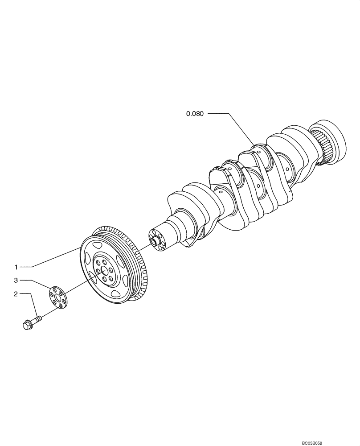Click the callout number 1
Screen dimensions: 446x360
(x=16, y=267)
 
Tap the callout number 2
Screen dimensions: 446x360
(x=16, y=294)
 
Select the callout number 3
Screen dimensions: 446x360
(x=16, y=280)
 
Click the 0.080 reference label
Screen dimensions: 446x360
(x=195, y=114)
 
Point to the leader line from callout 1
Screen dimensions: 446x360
(x=53, y=259)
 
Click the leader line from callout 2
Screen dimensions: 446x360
(x=34, y=303)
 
